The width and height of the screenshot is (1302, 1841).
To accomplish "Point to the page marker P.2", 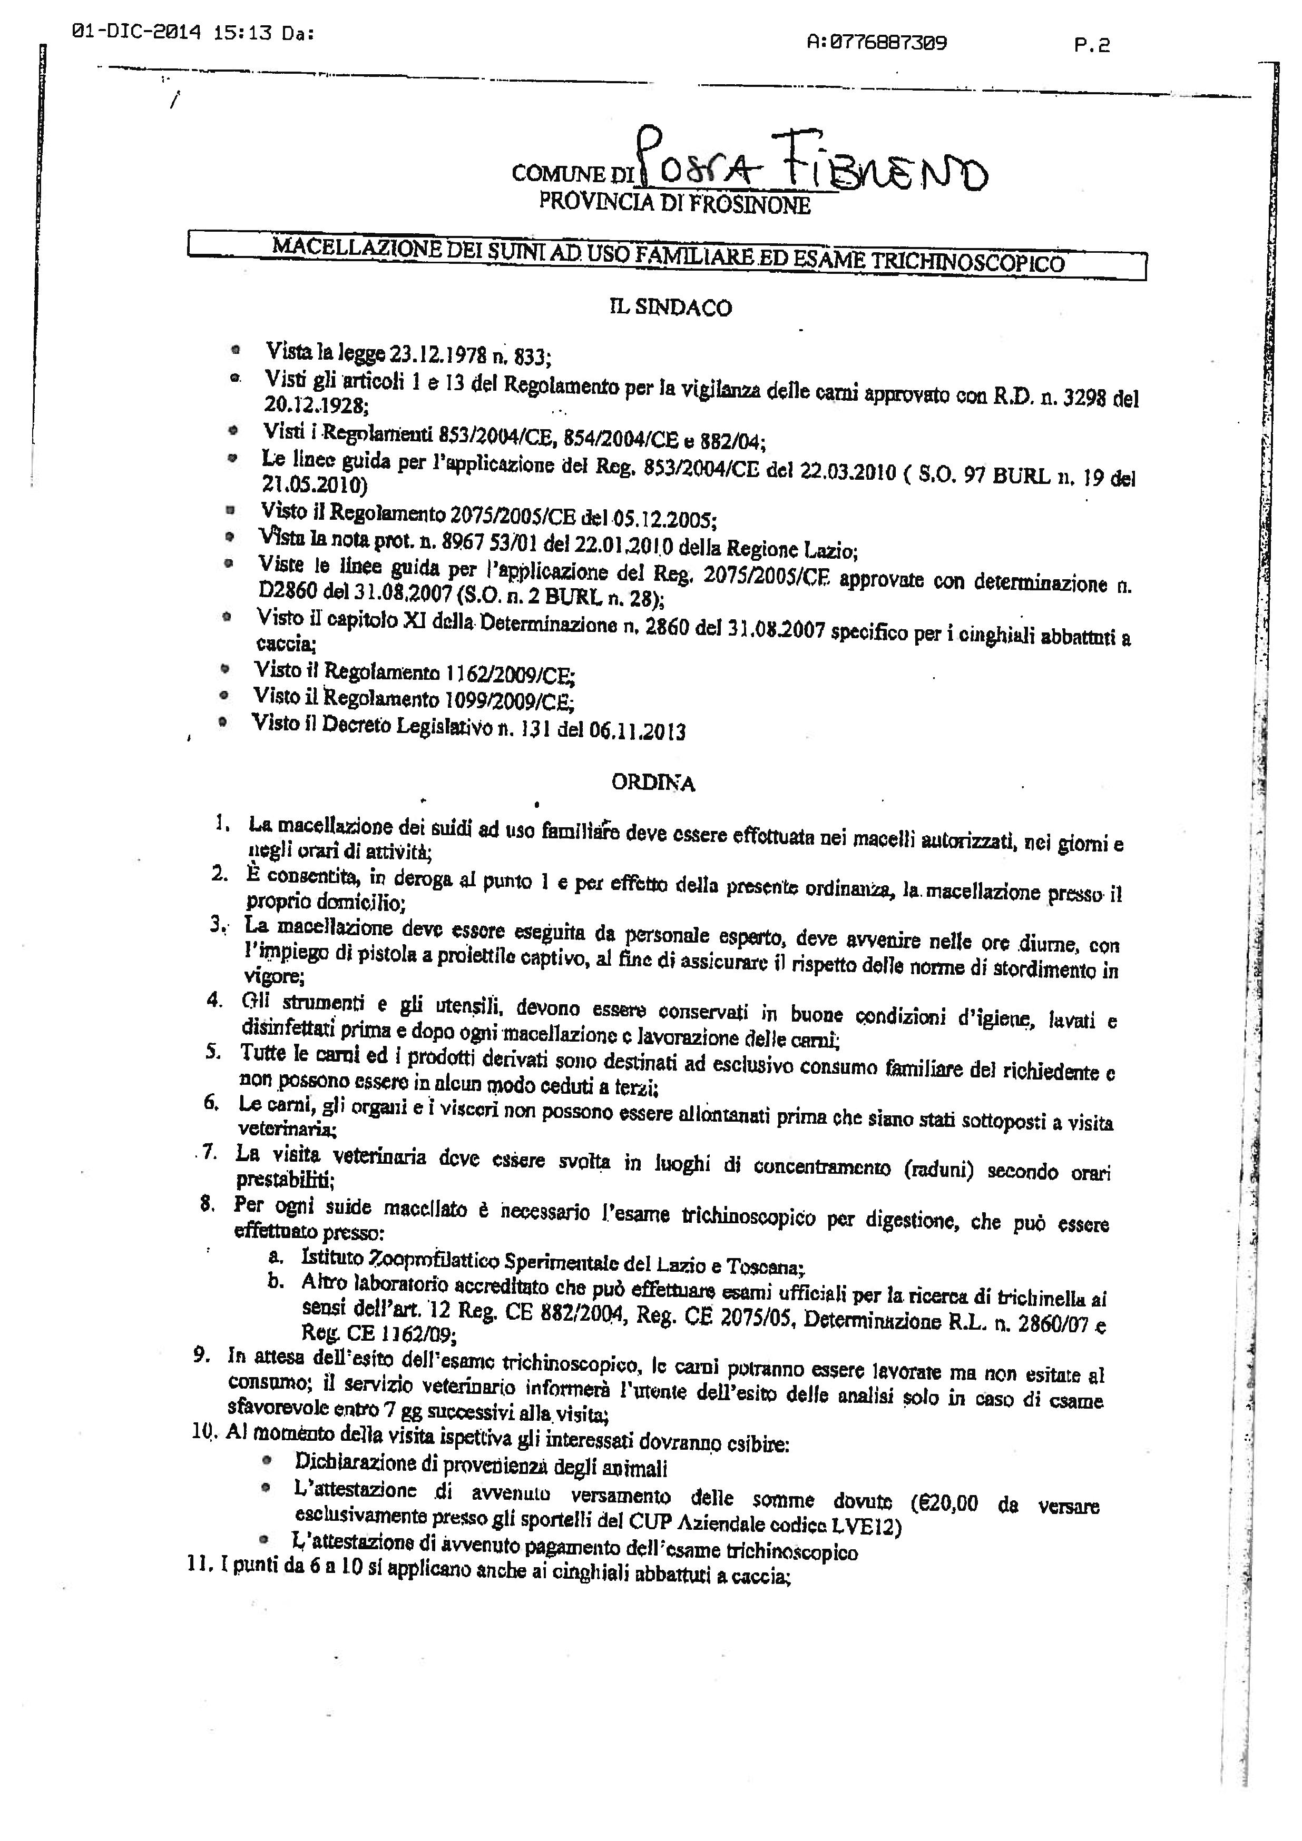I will click(1093, 46).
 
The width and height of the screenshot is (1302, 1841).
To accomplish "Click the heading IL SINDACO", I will click(671, 308).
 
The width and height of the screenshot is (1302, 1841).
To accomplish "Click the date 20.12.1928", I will click(316, 405).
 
